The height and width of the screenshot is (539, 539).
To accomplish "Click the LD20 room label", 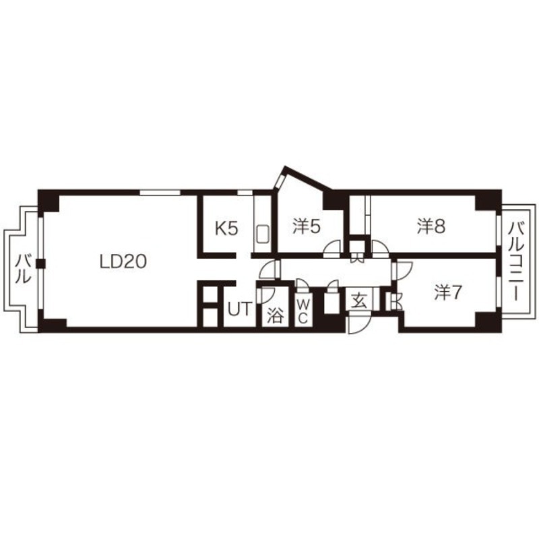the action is coord(123,262).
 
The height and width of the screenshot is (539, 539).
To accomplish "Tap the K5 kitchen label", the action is coord(226,228).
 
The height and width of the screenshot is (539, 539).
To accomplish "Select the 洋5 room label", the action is coord(307,226).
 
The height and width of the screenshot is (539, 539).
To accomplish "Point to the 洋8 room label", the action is coord(431,226).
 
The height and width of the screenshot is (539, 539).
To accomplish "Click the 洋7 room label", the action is coord(447,293).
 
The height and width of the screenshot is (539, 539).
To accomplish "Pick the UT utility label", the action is coord(240,309).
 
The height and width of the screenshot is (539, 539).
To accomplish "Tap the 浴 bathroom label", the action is coord(275,315).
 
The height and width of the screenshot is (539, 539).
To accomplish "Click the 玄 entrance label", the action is coord(358,302).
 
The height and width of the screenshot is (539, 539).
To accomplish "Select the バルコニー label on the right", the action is coord(516,261).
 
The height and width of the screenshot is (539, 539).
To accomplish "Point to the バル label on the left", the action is coord(23,268).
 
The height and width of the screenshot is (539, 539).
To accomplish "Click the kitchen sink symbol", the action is coord(263,234).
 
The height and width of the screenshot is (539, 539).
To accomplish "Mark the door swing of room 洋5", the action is coord(333,249).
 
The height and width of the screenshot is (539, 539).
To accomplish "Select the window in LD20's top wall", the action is coord(160,192).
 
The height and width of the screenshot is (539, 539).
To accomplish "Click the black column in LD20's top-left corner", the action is coord(48,201).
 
